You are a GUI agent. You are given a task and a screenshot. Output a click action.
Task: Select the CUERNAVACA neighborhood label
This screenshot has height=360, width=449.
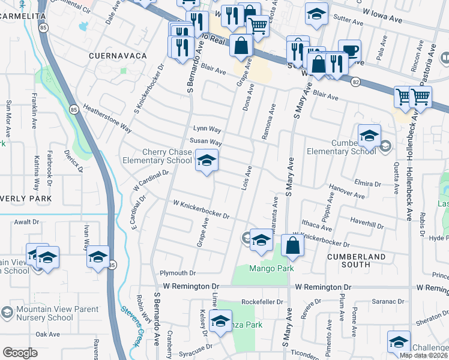point(118,56)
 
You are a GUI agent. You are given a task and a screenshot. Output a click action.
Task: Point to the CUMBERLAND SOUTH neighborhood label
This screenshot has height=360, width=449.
point(356,260)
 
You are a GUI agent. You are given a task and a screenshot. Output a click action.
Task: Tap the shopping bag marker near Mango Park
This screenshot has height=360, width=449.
point(292,245)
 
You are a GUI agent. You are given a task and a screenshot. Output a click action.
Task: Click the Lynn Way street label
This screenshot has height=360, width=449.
point(207,129)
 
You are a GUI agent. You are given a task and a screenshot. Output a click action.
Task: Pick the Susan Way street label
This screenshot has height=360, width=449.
point(206,143)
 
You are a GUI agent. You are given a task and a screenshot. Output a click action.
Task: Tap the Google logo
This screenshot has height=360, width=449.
point(20,353)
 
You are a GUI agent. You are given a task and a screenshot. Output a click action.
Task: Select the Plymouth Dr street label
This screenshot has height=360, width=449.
point(178,272)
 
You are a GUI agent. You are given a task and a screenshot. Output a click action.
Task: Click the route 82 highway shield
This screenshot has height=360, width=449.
point(356,81)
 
